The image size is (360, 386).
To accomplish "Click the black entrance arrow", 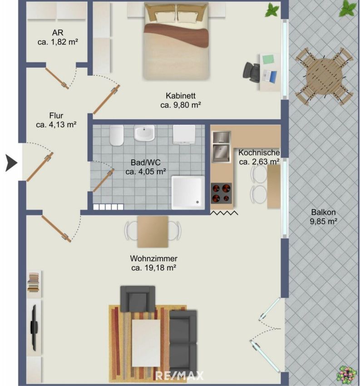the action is pos(11,163).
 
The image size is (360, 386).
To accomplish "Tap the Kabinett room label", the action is pos(181,95).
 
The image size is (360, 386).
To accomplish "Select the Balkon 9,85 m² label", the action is pos(323,217).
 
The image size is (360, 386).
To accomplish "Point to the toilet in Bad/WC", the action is pos(116,135).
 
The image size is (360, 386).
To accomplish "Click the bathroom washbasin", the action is pos(144,133).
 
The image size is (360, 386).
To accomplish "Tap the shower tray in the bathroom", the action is pos(188,193).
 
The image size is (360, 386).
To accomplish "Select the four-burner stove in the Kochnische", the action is pos(221,193).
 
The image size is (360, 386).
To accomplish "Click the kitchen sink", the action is pos(221,147).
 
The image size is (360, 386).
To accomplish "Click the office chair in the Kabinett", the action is pos(251,72).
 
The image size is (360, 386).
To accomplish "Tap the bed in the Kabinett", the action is pos(176,42).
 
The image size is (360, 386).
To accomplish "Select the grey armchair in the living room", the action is pos(138,299).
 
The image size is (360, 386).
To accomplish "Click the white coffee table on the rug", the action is pos(146,343).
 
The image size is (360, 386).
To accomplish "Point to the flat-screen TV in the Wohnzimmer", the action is pos(34,327).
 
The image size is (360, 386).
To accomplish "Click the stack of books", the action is pos(34,282).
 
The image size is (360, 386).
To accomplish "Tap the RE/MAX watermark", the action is pos(180,376).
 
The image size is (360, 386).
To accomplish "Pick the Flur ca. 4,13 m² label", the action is pos(56,120).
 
